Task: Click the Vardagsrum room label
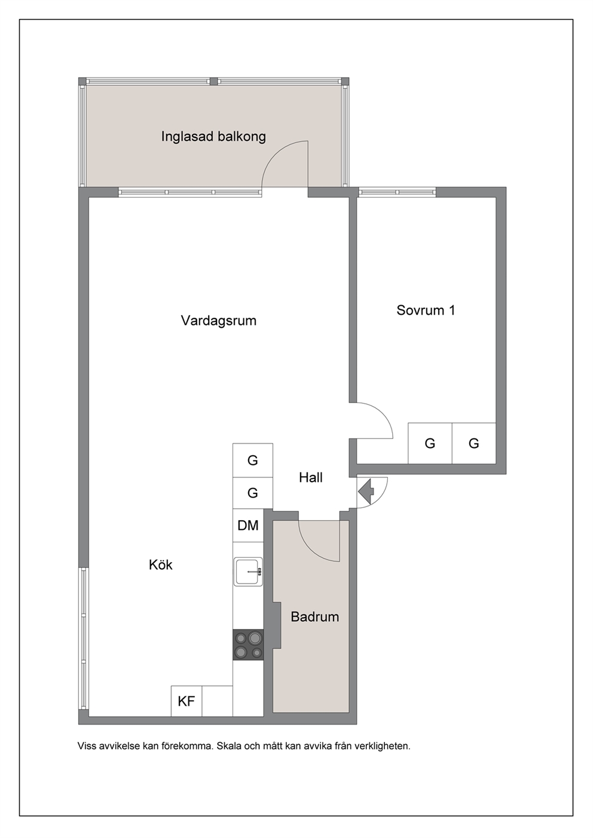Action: [219, 321]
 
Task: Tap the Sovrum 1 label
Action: [426, 310]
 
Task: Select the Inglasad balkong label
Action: [213, 137]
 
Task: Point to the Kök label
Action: [161, 564]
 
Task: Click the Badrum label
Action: [315, 616]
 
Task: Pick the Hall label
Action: [311, 477]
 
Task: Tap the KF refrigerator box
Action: [187, 701]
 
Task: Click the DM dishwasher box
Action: [248, 525]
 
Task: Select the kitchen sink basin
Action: [248, 572]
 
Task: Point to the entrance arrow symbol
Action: [366, 491]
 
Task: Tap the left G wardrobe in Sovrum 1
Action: [430, 443]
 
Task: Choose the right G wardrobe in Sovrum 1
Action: [474, 443]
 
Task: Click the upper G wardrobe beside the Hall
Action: [253, 460]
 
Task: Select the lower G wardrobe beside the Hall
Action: [253, 493]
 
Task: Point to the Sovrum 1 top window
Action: [397, 192]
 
